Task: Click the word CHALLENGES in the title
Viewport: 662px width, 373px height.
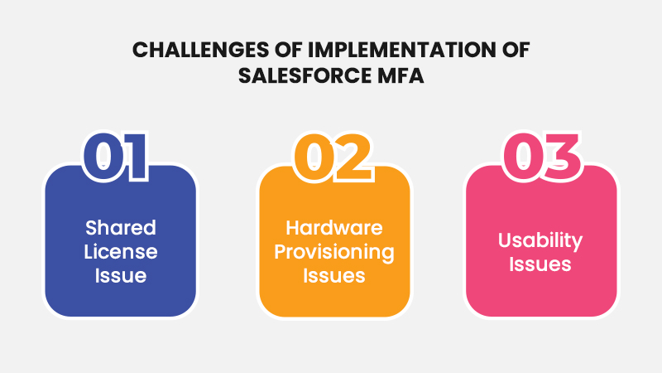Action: click(x=200, y=50)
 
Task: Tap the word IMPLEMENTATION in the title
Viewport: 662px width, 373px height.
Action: click(x=401, y=50)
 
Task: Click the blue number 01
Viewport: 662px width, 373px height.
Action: click(x=115, y=156)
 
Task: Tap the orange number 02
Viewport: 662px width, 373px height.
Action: click(x=333, y=157)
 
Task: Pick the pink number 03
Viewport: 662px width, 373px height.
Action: click(x=541, y=156)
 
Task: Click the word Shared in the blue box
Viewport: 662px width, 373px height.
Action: click(x=121, y=227)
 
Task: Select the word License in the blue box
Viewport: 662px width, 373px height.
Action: click(x=121, y=252)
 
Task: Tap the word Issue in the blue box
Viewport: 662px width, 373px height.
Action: click(x=121, y=276)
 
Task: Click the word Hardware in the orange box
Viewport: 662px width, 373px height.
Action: click(x=334, y=228)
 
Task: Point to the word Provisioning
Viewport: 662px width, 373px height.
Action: click(x=334, y=253)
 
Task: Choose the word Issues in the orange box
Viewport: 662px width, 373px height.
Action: click(x=334, y=276)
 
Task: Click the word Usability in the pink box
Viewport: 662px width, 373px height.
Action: click(x=540, y=240)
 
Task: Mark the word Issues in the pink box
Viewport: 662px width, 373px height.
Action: click(x=540, y=264)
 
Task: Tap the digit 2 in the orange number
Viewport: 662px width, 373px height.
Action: click(x=353, y=157)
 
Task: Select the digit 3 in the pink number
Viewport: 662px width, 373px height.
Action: click(x=561, y=156)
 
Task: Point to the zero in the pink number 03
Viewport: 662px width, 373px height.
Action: click(x=523, y=156)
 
